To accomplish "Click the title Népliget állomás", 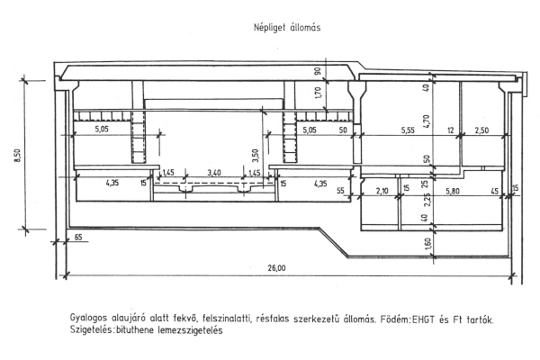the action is [x=287, y=28].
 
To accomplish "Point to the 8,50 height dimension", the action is [x=18, y=156].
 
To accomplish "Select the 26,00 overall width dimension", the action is [x=276, y=267].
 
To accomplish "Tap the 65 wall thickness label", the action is [x=78, y=237].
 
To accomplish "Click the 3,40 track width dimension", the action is [x=214, y=173].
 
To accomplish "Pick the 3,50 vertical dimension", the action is [x=256, y=157].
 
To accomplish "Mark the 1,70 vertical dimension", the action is [x=318, y=93].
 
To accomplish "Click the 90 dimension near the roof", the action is [x=318, y=71].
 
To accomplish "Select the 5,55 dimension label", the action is [x=408, y=130].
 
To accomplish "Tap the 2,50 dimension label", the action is [x=481, y=130].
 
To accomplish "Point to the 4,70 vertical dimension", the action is [x=427, y=121].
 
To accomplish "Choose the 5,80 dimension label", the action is [x=453, y=191].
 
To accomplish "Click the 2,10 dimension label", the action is [x=382, y=191].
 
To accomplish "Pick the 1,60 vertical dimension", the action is [x=427, y=244].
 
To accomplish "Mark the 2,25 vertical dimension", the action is [x=427, y=199].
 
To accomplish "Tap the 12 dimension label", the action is [x=451, y=130].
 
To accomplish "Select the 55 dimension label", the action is [x=340, y=190].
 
